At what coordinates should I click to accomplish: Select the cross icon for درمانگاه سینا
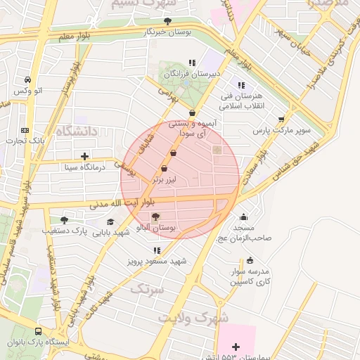click(85, 156)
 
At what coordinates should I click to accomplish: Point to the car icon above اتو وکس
click(27, 80)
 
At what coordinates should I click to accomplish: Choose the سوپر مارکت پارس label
click(282, 131)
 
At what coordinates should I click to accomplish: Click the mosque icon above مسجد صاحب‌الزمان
click(243, 217)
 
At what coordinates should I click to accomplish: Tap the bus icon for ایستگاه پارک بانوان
click(38, 330)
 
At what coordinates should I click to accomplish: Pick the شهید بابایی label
click(112, 231)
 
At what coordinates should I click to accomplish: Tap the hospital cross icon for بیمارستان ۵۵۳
click(236, 347)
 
